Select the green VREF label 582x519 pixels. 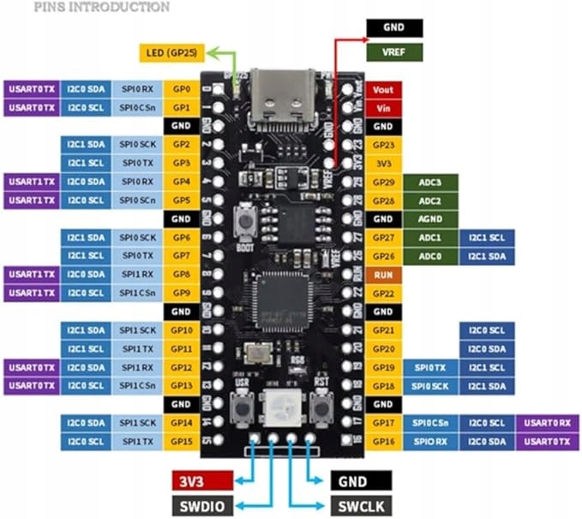395,52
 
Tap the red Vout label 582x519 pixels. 383,89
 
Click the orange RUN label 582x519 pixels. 383,275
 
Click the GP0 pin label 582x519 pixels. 181,89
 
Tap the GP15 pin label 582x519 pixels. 181,441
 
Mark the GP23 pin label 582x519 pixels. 383,145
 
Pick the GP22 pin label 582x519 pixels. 383,293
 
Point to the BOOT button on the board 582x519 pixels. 245,220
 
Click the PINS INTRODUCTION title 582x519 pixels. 101,7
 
